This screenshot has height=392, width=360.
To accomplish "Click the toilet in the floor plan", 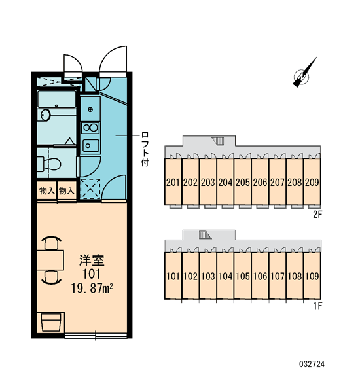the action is click(49, 164).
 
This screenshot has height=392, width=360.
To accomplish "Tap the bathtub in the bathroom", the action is click(56, 99).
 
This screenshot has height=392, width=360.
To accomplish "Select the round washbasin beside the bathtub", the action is click(46, 115).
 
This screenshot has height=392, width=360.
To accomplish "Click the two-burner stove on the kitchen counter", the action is click(90, 128).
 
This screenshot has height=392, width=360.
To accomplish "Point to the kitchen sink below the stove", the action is click(90, 145).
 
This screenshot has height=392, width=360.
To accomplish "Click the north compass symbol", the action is click(304, 73).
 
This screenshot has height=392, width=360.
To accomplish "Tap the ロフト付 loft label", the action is click(145, 149).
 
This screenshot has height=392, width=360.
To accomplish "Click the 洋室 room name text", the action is click(92, 260).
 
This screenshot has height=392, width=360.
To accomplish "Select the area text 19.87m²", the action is click(92, 289).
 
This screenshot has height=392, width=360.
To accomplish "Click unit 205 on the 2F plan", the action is click(242, 183).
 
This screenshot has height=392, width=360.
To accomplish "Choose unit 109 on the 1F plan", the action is click(312, 276).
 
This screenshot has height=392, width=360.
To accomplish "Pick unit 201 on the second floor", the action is click(173, 183).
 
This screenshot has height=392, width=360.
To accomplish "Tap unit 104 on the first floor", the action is click(225, 276).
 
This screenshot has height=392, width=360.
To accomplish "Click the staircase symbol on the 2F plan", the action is click(218, 141).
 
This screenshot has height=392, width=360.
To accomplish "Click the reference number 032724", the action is click(312, 364).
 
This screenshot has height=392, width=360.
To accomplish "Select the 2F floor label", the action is click(317, 215).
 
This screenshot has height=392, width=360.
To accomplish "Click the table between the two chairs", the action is click(50, 260).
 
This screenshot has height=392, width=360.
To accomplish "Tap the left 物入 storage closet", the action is click(46, 191).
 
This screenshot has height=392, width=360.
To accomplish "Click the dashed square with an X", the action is click(90, 188).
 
